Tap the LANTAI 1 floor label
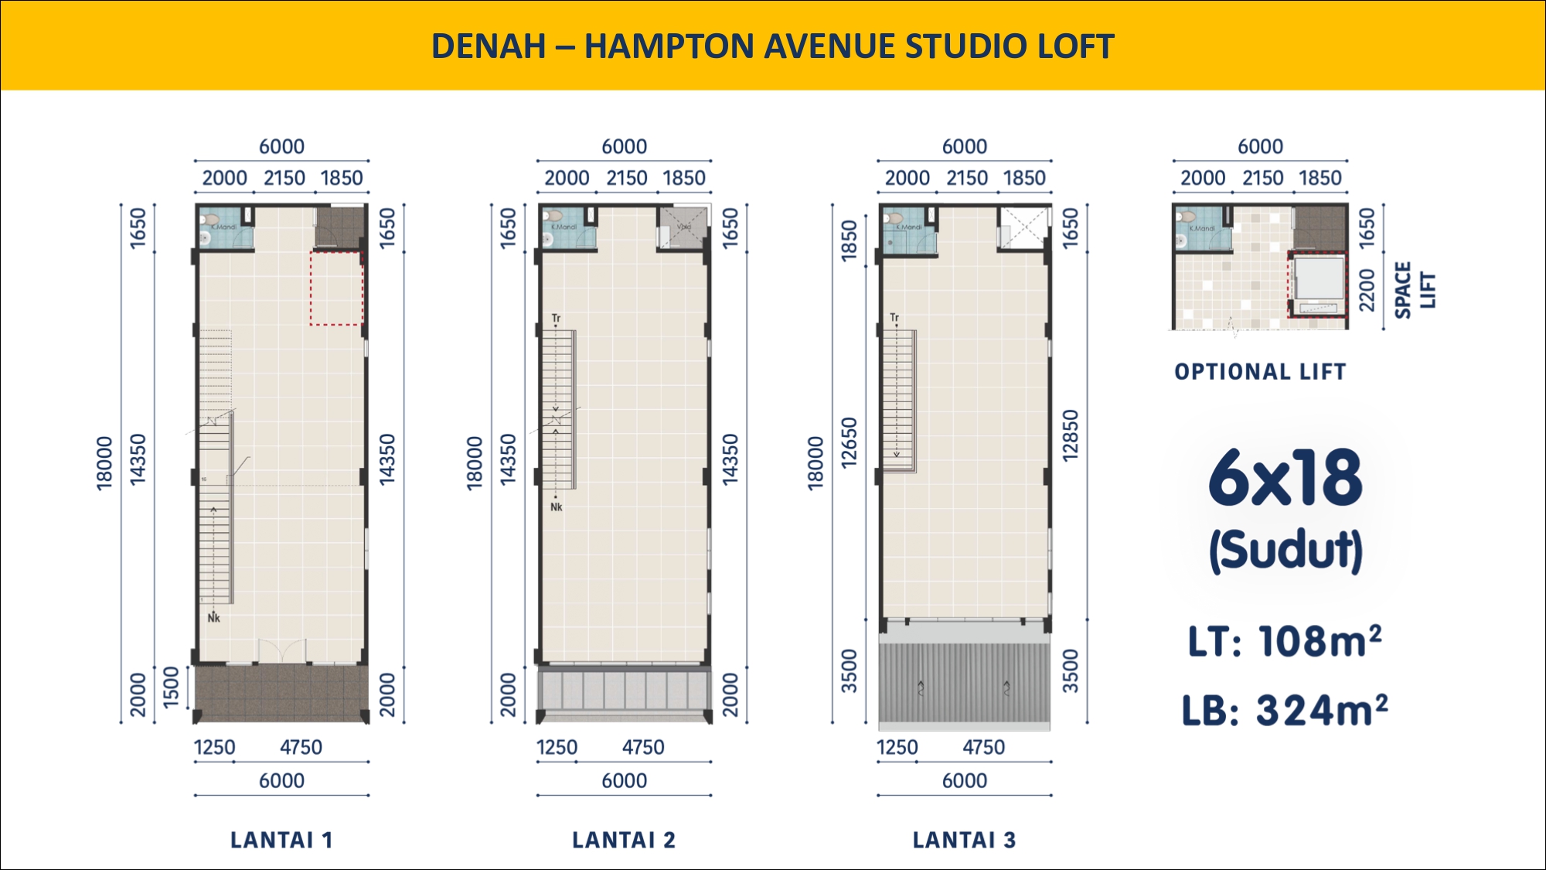[x=281, y=840]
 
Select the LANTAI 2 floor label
[x=624, y=840]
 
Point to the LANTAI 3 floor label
[x=964, y=840]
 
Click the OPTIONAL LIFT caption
[x=1260, y=372]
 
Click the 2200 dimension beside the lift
[x=1367, y=290]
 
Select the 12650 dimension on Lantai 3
[x=850, y=442]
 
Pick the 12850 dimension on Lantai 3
[x=1070, y=435]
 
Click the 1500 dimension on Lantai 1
[x=171, y=687]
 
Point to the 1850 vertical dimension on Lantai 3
[x=850, y=241]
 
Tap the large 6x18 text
[x=1285, y=478]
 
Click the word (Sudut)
[x=1285, y=550]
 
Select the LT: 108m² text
[x=1285, y=641]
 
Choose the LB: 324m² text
[x=1285, y=710]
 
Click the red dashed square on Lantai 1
[x=336, y=288]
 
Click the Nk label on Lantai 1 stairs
[x=214, y=618]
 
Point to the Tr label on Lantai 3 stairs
[x=894, y=318]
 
